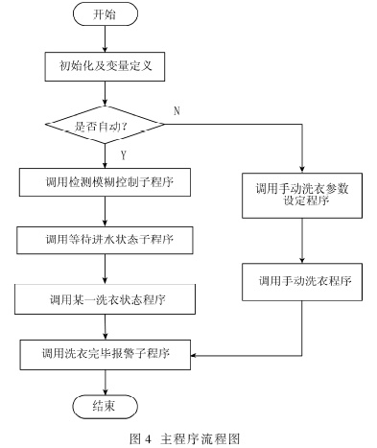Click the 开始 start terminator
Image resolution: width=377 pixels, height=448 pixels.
point(106,14)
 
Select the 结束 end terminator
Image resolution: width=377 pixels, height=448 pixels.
point(106,407)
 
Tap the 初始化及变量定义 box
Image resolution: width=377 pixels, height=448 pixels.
point(105,66)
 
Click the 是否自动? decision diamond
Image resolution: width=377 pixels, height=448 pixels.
point(105,125)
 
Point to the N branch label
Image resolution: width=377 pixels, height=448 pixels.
point(177,111)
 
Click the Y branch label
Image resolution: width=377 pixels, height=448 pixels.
point(124,155)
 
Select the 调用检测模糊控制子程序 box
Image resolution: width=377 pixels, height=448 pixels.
point(105,182)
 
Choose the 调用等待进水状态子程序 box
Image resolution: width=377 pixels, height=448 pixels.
point(105,240)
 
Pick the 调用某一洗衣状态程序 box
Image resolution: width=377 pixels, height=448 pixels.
point(105,299)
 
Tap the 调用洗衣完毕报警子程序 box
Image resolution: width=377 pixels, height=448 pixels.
point(106,355)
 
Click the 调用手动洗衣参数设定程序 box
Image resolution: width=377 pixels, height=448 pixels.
point(302,196)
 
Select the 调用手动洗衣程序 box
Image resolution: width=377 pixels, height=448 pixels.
point(302,282)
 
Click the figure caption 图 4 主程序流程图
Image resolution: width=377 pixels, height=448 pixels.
point(185,438)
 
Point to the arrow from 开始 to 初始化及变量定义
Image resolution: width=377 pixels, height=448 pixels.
point(105,39)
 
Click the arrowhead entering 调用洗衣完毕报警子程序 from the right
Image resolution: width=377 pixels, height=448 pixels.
point(194,355)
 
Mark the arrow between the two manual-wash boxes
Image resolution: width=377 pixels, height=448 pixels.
point(302,241)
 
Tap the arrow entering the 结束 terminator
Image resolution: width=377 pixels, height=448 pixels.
point(106,383)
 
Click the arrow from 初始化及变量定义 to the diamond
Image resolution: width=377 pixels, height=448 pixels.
point(105,93)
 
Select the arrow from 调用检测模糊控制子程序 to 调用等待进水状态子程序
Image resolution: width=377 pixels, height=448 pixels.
point(105,211)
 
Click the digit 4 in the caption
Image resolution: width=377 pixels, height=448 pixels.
point(148,439)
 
